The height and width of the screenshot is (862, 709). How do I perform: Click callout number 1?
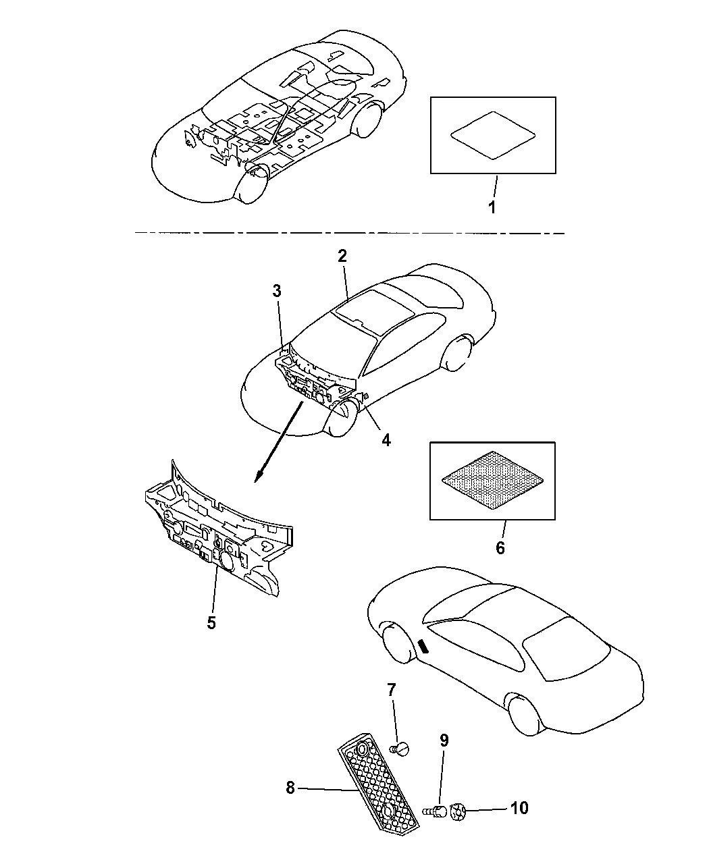pos(492,207)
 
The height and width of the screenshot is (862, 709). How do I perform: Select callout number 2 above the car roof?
pos(342,256)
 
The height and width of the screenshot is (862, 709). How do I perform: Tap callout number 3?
pos(277,291)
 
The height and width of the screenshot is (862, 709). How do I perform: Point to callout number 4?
pos(386,440)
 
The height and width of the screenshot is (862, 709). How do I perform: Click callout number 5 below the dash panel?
pos(211,623)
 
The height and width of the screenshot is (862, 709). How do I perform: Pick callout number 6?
pos(500,547)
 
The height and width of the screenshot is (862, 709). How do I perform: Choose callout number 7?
pos(391,690)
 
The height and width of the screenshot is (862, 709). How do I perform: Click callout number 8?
pos(290,788)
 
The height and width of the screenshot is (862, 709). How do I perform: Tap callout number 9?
pos(444,740)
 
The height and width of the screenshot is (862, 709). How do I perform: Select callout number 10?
pos(519,808)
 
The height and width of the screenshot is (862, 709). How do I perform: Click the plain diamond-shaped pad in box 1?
pos(493,135)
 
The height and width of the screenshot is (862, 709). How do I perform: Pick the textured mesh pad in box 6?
pos(493,481)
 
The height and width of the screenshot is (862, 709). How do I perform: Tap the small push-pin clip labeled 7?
pos(401,749)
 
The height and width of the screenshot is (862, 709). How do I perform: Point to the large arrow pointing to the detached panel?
pos(279,442)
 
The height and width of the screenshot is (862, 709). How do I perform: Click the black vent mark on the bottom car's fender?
pos(423,647)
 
